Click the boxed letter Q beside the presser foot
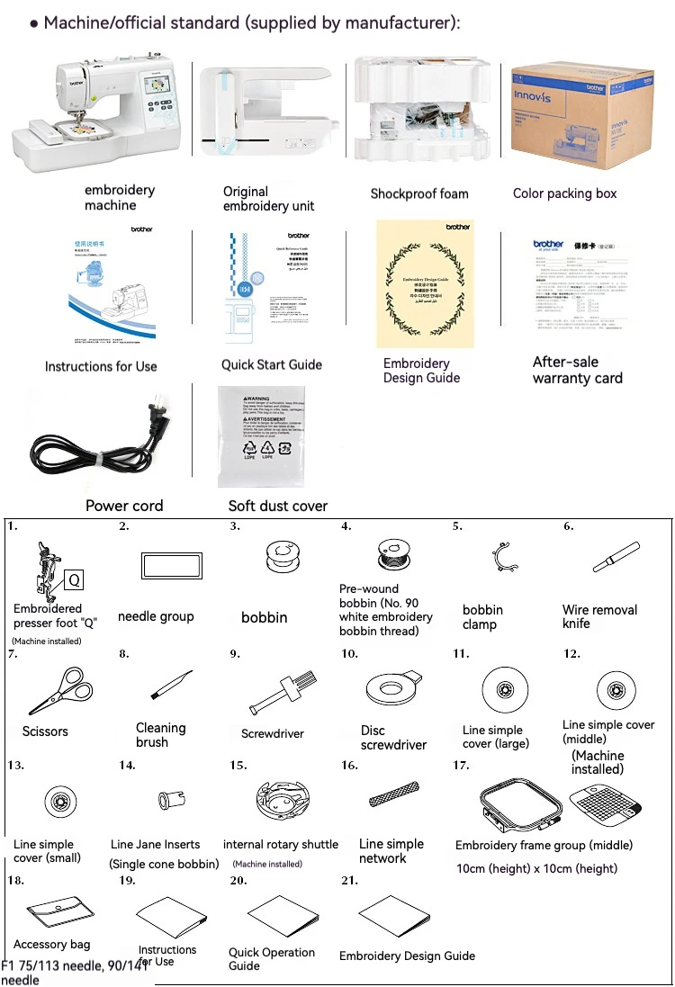pos(75,580)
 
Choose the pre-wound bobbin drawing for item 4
pos(390,552)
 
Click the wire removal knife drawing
pos(616,557)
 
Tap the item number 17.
pos(461,765)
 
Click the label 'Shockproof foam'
pos(419,193)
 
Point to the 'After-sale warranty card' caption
pos(577,370)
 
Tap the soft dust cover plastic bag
pos(260,436)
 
